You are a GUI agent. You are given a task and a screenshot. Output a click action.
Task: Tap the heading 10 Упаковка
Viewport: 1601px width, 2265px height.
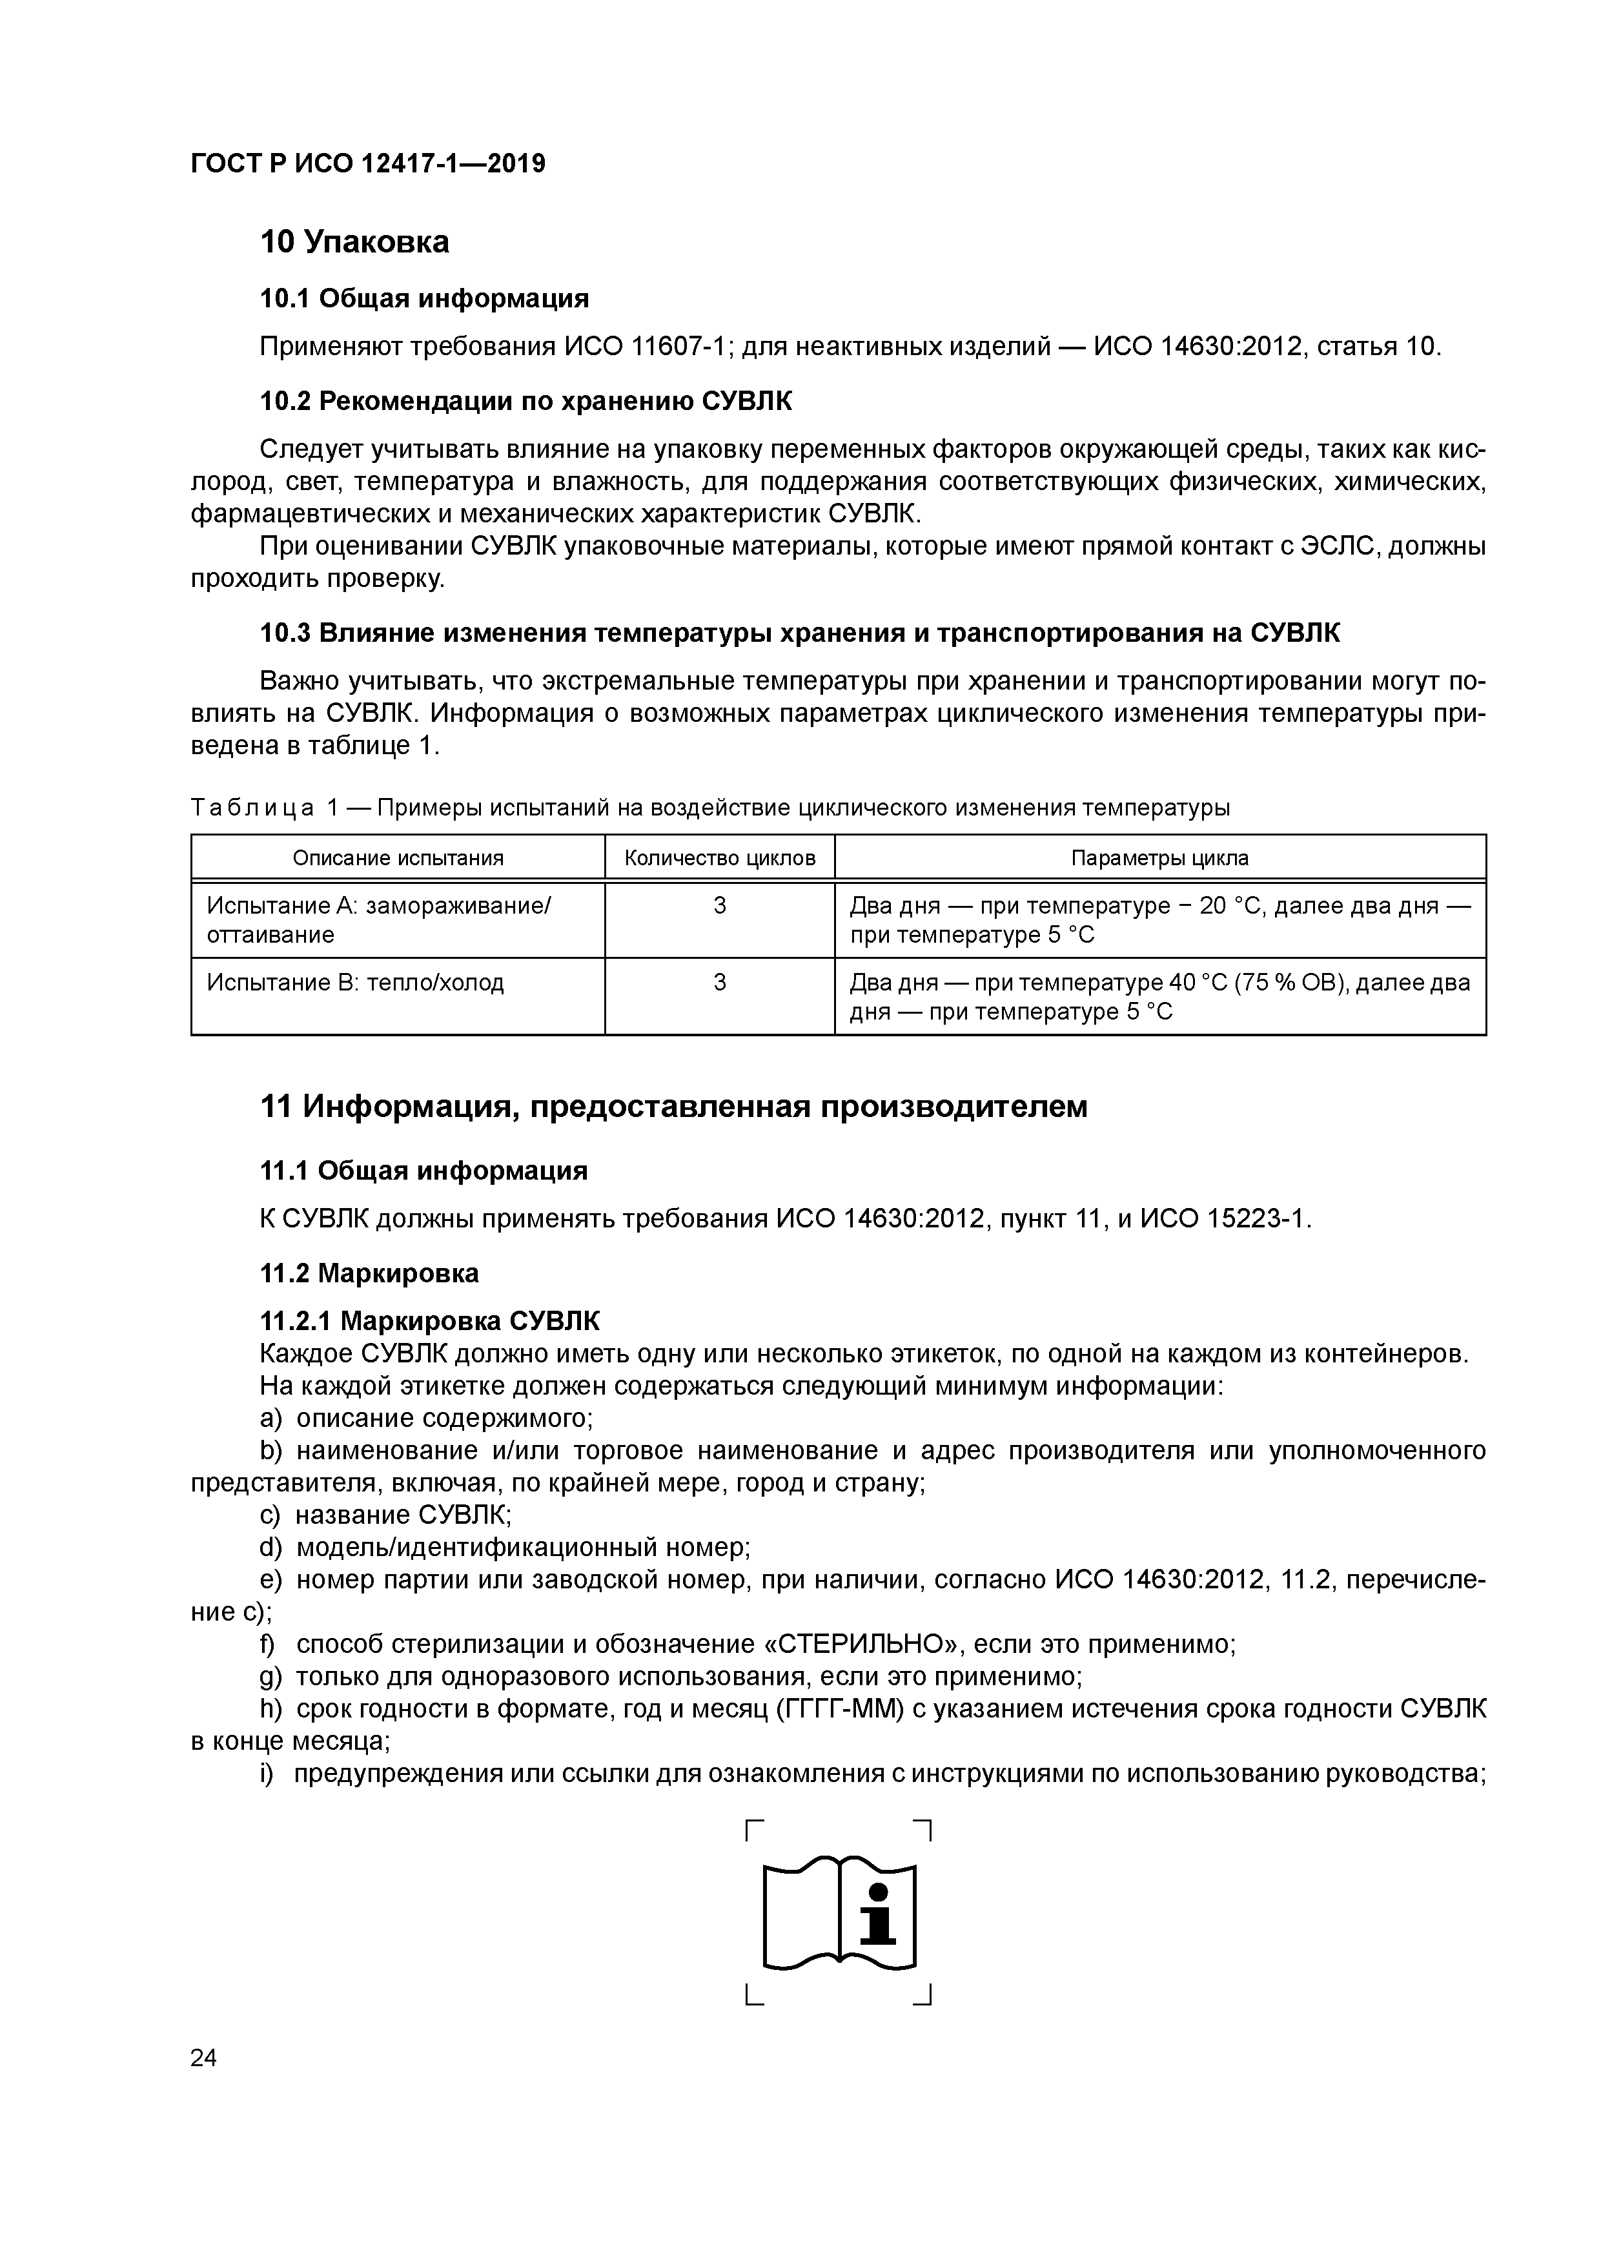354,241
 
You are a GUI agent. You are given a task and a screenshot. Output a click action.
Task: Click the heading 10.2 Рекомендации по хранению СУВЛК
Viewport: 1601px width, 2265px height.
525,402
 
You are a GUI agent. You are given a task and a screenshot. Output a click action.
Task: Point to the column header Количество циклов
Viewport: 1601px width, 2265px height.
720,858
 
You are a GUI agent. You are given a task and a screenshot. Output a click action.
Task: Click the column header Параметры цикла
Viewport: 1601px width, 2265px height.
1160,858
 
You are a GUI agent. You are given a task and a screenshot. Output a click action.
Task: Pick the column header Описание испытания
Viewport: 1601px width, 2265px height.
398,858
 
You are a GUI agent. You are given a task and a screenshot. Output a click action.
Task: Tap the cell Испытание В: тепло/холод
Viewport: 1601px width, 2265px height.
355,983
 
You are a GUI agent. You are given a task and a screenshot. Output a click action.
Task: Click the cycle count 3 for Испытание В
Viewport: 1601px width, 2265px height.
720,983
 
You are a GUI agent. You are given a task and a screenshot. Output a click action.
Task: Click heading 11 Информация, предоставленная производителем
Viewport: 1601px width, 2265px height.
674,1107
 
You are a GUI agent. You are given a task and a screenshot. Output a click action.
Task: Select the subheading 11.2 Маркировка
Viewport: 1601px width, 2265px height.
369,1273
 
